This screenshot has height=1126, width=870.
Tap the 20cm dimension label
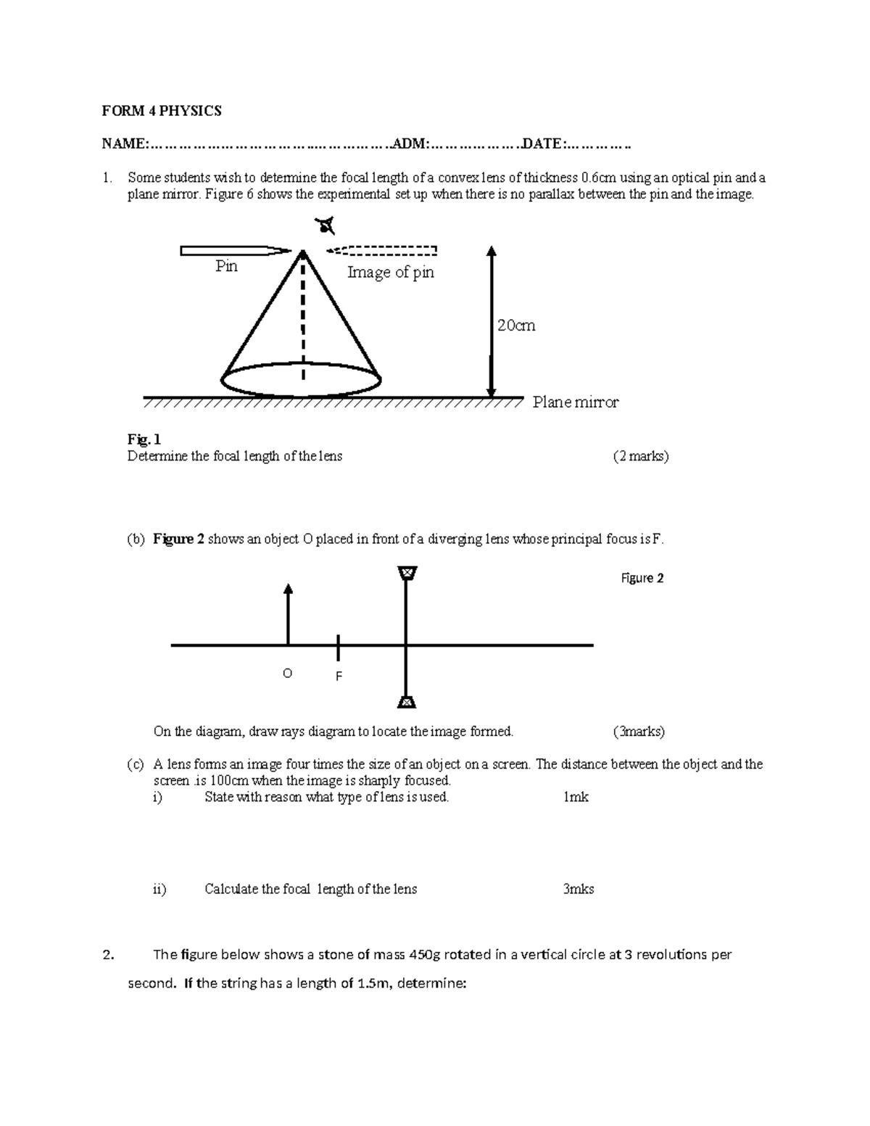pos(516,326)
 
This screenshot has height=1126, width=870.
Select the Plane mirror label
pos(576,402)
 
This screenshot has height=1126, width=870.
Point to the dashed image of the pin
pos(383,251)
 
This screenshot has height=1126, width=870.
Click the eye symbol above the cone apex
pos(326,227)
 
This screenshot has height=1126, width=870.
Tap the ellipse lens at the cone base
pos(301,380)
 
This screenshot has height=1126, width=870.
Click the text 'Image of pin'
pos(390,273)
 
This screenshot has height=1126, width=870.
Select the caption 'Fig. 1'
pos(144,439)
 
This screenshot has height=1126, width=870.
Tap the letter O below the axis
pos(287,674)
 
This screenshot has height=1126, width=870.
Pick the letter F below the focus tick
pos(338,676)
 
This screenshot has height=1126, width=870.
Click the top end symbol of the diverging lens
pos(407,574)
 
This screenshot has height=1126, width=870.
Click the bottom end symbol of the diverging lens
pos(407,701)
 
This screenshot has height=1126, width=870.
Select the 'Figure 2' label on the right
pos(642,578)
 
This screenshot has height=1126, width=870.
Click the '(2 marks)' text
pos(640,457)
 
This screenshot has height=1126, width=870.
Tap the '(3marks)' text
pos(639,732)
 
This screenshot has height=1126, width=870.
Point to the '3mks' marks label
pos(578,889)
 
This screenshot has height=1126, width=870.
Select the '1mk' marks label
pos(576,798)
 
